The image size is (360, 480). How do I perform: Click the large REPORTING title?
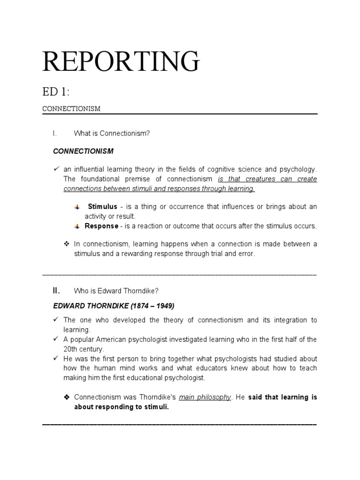[x=121, y=61]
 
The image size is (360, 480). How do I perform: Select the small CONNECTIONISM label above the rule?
[x=71, y=109]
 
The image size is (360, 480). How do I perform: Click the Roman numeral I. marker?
[x=55, y=134]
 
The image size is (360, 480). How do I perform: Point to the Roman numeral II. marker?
[x=56, y=291]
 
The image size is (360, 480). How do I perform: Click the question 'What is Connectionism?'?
[x=112, y=134]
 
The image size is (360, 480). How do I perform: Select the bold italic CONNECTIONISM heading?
[x=83, y=151]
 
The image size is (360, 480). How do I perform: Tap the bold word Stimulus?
[x=103, y=207]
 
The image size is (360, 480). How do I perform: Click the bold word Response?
[x=101, y=226]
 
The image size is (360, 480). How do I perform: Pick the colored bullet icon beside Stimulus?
[x=77, y=207]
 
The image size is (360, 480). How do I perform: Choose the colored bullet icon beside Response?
[x=77, y=226]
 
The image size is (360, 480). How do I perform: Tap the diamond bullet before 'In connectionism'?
[x=66, y=244]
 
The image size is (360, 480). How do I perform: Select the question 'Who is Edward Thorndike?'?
[x=113, y=291]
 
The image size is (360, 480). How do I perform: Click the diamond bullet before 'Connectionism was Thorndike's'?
[x=66, y=397]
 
